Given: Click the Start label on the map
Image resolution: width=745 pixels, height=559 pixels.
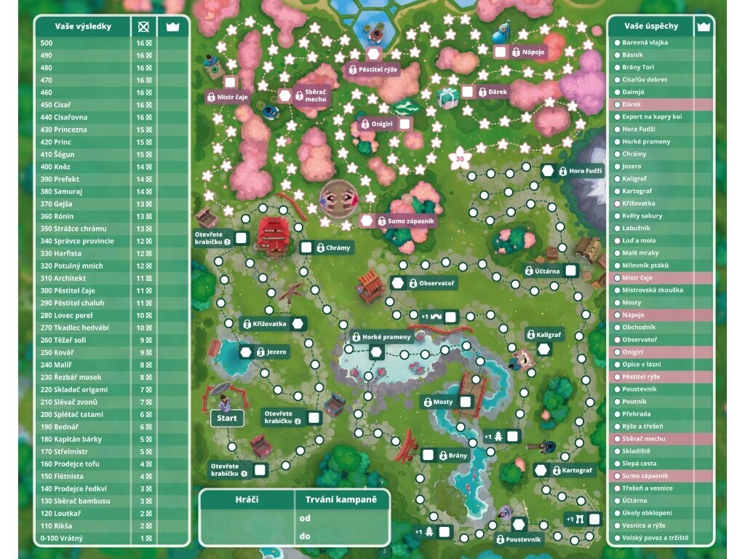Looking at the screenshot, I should pos(227,419).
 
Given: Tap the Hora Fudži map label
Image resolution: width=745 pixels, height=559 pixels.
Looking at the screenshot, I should pos(586,171).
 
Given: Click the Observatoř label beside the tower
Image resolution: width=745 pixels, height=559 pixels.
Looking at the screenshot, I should pos(437,283).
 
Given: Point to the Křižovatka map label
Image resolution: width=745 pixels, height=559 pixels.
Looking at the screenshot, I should pos(268,323).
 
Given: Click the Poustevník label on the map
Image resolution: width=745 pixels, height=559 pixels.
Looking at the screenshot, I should pos(523,539).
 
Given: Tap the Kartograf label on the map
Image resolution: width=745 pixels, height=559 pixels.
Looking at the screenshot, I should pos(577,470).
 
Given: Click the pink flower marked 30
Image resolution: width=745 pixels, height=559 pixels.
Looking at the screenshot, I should pos(459,158).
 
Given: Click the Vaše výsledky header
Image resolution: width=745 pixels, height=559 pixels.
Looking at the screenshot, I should pos(83,27).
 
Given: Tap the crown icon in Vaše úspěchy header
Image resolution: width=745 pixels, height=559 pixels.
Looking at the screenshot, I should pos(703,26).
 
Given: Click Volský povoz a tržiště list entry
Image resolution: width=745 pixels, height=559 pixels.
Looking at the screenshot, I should pos(655,538).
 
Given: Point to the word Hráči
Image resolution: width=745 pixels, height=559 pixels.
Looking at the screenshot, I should pos(247,500).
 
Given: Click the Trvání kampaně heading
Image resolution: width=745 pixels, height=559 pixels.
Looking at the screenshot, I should pos(342,500).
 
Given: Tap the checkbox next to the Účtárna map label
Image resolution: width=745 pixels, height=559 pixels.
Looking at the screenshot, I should pos(571,271).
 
